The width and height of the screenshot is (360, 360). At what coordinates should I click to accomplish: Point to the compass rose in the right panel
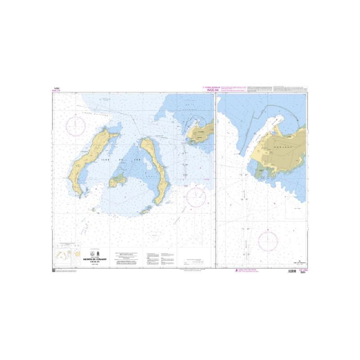click(x=269, y=241)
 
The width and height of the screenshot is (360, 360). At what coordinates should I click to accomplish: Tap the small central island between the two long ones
click(x=119, y=180)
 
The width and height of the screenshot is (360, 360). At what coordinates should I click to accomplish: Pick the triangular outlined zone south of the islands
click(x=156, y=234)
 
